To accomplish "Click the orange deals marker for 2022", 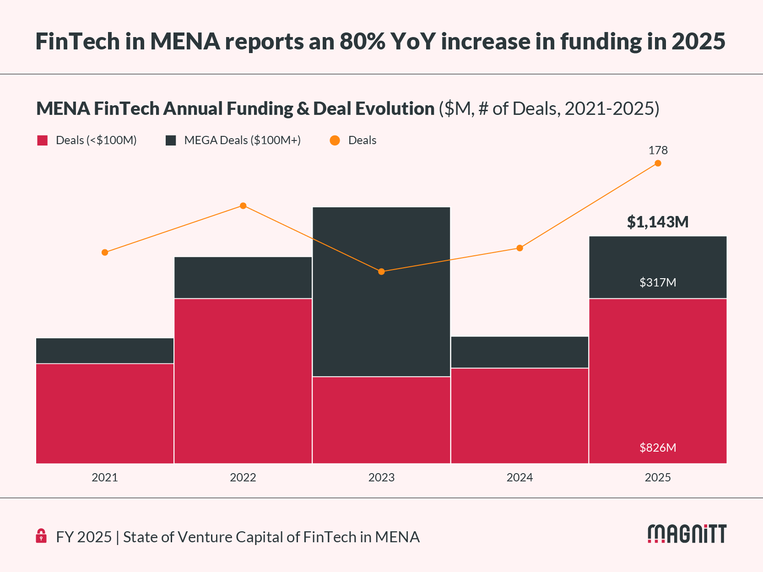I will pyautogui.click(x=243, y=206).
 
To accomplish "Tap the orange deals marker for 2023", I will pyautogui.click(x=382, y=272).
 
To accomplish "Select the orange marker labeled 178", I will pyautogui.click(x=658, y=163).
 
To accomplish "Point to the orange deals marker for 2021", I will pyautogui.click(x=105, y=253).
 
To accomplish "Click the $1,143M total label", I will pyautogui.click(x=658, y=222).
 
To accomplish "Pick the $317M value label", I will pyautogui.click(x=658, y=282).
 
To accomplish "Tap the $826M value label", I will pyautogui.click(x=658, y=448).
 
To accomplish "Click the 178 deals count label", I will pyautogui.click(x=658, y=150).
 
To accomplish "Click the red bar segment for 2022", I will pyautogui.click(x=243, y=381).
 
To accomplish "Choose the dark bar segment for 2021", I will pyautogui.click(x=105, y=351).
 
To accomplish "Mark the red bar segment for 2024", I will pyautogui.click(x=519, y=416).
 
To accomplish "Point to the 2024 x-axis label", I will pyautogui.click(x=519, y=478).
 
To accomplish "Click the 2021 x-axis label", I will pyautogui.click(x=105, y=478).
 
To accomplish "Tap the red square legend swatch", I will pyautogui.click(x=43, y=140).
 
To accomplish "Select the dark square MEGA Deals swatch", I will pyautogui.click(x=171, y=140).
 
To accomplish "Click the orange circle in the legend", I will pyautogui.click(x=335, y=140).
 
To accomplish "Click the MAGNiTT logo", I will pyautogui.click(x=687, y=534).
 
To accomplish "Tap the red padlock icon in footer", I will pyautogui.click(x=41, y=536).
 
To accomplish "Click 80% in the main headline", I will pyautogui.click(x=362, y=41).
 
